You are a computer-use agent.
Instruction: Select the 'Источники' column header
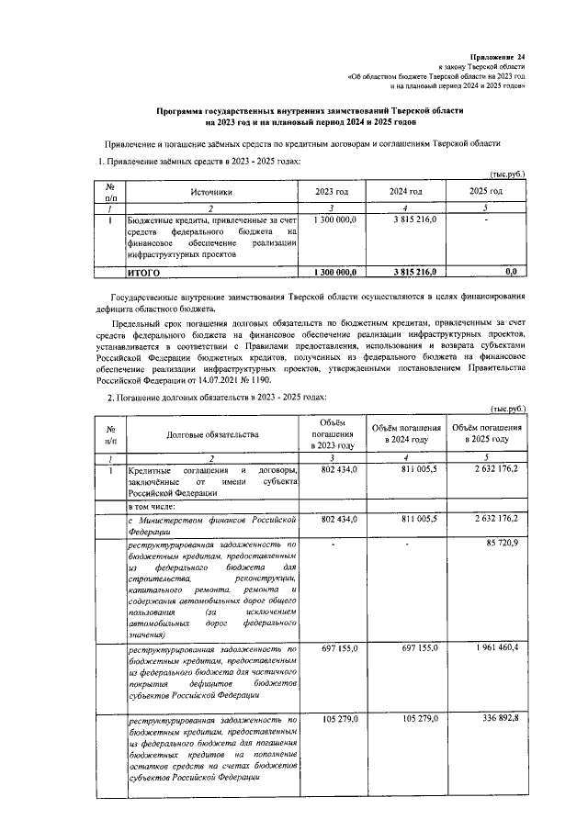coord(212,191)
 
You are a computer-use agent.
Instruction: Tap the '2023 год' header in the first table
coord(332,191)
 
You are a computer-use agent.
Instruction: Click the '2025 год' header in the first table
coord(486,191)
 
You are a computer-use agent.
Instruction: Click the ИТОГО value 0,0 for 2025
coord(512,273)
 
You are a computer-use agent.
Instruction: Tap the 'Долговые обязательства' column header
coord(212,434)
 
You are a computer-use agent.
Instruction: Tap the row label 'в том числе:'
coord(150,506)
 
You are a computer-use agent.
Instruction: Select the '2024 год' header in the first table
coord(406,191)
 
